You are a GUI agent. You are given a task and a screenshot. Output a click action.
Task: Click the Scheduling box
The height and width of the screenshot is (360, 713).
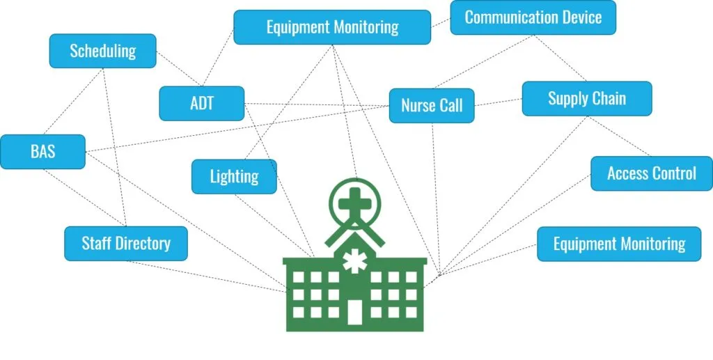(103, 51)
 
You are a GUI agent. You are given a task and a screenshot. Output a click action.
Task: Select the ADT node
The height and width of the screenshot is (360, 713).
(201, 104)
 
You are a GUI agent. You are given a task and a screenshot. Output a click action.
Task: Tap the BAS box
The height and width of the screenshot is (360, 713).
(42, 152)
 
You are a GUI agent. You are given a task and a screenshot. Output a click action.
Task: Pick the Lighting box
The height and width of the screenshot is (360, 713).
(234, 176)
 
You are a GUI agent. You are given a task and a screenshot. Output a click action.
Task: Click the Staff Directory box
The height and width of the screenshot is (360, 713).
(126, 243)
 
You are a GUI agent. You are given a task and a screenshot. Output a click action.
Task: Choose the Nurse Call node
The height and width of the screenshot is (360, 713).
(432, 106)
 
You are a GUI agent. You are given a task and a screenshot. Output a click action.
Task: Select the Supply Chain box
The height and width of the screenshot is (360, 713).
(586, 98)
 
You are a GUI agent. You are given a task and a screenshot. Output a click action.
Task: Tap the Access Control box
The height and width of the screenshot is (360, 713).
(651, 173)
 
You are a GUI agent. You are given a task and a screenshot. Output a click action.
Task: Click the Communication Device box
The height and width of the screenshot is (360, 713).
(533, 17)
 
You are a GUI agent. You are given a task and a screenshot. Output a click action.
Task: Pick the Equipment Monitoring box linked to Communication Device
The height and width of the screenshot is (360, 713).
(332, 27)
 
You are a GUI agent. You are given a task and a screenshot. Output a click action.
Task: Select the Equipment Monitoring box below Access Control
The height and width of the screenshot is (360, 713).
(619, 244)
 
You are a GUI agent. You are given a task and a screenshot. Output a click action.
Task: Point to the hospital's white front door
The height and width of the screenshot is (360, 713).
(355, 311)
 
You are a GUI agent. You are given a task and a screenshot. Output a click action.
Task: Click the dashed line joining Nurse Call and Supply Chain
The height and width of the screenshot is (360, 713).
(499, 103)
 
